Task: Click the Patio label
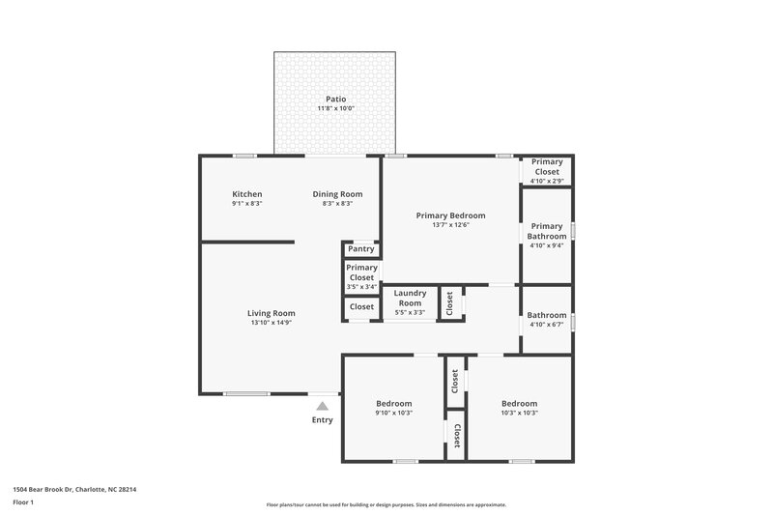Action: [335, 99]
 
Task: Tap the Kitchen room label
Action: [247, 194]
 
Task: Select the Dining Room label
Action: [337, 194]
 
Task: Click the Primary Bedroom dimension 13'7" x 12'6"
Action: [450, 225]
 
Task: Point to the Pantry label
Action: [361, 249]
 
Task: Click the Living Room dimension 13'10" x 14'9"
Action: [271, 323]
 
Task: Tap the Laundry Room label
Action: [410, 297]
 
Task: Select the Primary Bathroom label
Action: [546, 231]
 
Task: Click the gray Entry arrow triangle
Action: [322, 407]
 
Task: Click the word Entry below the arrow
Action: [322, 420]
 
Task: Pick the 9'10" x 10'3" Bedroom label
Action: [394, 404]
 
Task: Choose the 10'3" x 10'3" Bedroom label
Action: [518, 404]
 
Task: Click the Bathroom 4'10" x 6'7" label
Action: [546, 315]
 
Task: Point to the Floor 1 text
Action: [23, 503]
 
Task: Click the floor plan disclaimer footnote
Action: [386, 504]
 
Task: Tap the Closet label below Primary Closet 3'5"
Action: [361, 307]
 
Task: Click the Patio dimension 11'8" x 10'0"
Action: [335, 108]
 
